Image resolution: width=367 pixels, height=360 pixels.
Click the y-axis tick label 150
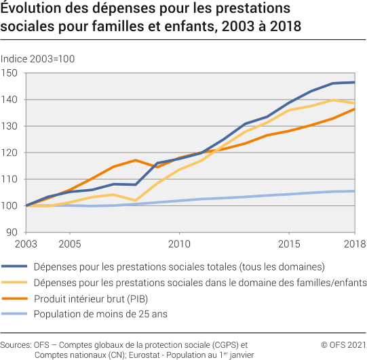9,73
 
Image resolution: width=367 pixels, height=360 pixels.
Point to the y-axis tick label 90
12,232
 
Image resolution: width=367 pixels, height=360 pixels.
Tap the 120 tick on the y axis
9,153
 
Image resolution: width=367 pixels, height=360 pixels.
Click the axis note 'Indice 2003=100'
38,58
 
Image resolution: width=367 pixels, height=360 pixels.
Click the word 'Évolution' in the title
31,9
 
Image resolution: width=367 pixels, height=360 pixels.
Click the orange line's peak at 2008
136,160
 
